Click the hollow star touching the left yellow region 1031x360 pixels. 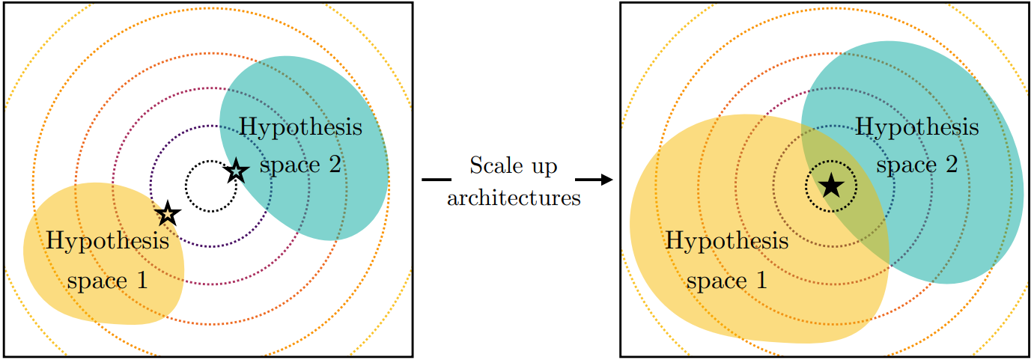[x=168, y=214]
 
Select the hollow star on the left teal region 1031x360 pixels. [x=236, y=171]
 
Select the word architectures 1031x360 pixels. [x=514, y=198]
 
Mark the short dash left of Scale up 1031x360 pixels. [x=437, y=180]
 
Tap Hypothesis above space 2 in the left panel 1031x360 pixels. [x=300, y=127]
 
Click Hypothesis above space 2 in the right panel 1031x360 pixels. [x=916, y=127]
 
